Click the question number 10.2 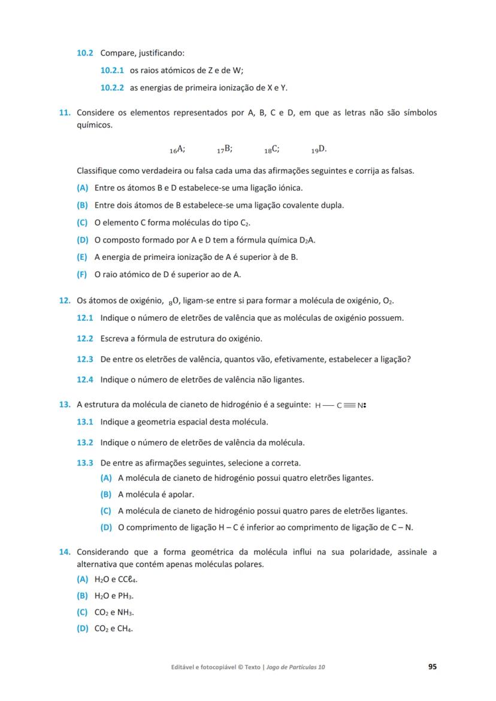pyautogui.click(x=84, y=53)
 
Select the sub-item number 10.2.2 pyautogui.click(x=112, y=87)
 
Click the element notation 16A pyautogui.click(x=178, y=149)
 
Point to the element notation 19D pyautogui.click(x=319, y=149)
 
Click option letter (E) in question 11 pyautogui.click(x=82, y=257)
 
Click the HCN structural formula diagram pyautogui.click(x=340, y=405)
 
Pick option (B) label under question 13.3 pyautogui.click(x=106, y=494)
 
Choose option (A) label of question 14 pyautogui.click(x=82, y=579)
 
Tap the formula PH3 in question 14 pyautogui.click(x=124, y=596)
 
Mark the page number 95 pyautogui.click(x=432, y=666)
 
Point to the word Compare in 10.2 pyautogui.click(x=117, y=53)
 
